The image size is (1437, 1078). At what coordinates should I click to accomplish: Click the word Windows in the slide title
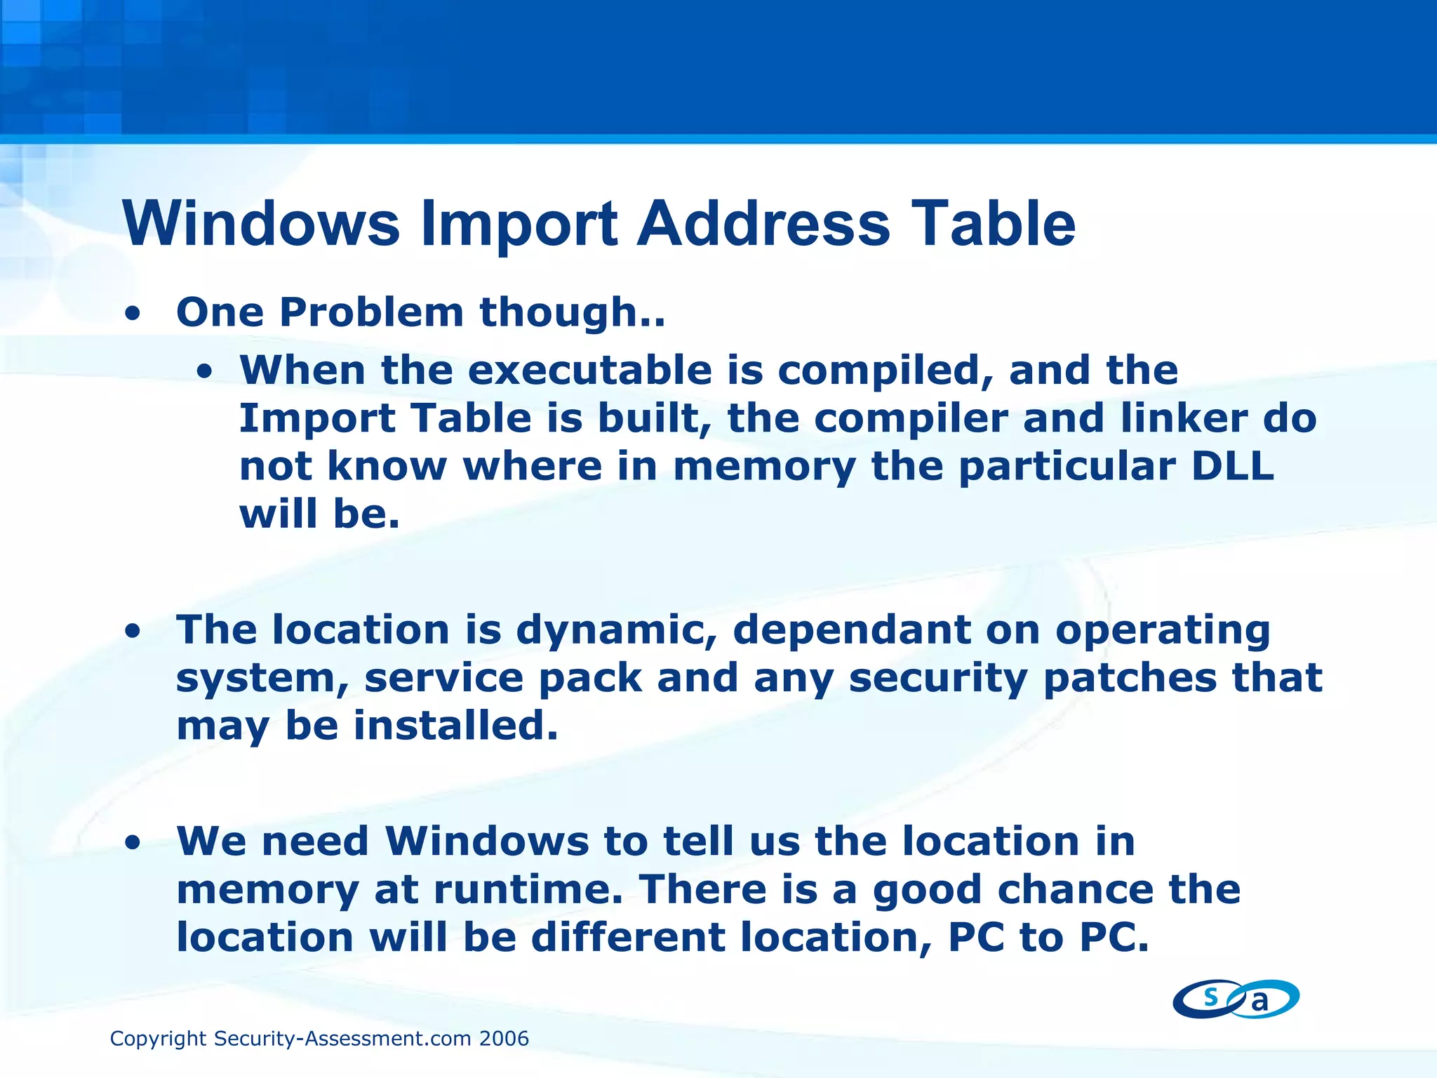point(261,224)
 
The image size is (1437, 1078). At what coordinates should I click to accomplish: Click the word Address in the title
point(763,224)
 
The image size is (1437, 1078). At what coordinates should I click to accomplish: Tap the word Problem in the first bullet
point(371,312)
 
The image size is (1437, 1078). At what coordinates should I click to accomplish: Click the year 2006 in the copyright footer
point(504,1039)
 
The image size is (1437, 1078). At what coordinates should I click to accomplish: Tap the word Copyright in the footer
point(158,1039)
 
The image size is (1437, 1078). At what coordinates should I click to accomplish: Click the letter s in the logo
point(1210,996)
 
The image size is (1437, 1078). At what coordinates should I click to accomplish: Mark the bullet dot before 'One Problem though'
point(132,315)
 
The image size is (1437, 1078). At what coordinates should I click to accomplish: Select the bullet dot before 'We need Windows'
point(132,844)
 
